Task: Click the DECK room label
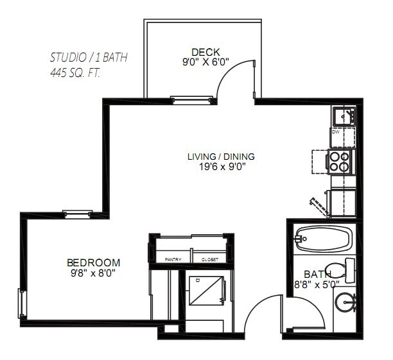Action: click(205, 52)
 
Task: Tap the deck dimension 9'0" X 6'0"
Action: click(205, 63)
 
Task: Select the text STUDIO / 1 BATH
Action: click(89, 57)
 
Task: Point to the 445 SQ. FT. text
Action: click(75, 73)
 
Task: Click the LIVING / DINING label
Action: click(221, 156)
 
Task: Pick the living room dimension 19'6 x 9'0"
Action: click(221, 166)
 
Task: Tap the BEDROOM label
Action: click(94, 262)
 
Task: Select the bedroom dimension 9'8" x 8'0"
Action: click(94, 273)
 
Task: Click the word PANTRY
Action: click(173, 259)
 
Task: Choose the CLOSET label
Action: click(209, 259)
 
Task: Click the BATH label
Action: click(317, 273)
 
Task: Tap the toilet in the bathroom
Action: click(339, 270)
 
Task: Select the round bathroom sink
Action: click(346, 302)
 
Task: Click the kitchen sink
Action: click(344, 117)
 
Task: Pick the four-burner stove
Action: click(340, 160)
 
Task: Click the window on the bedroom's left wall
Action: click(21, 304)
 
